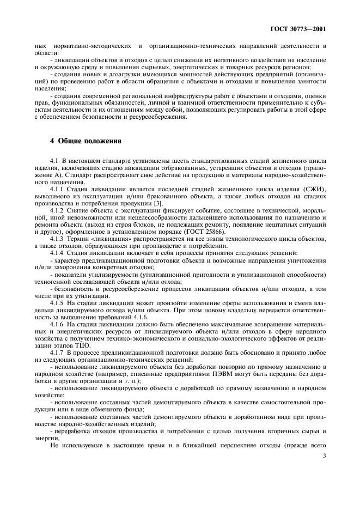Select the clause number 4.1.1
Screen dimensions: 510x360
click(x=58, y=187)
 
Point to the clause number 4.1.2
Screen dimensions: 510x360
click(x=58, y=209)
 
